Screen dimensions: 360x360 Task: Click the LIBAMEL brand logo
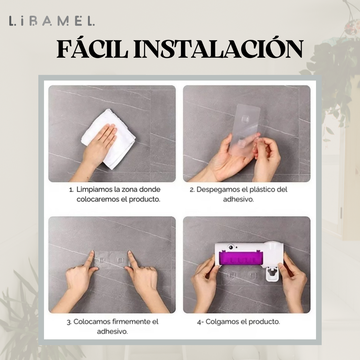52,21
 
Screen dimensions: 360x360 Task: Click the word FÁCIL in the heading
92,49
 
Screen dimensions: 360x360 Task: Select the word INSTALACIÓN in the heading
218,48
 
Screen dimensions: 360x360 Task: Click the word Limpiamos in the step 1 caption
94,190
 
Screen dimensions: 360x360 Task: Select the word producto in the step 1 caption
144,200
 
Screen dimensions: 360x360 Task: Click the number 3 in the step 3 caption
68,322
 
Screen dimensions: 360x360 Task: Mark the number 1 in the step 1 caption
71,190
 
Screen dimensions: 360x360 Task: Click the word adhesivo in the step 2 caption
238,199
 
